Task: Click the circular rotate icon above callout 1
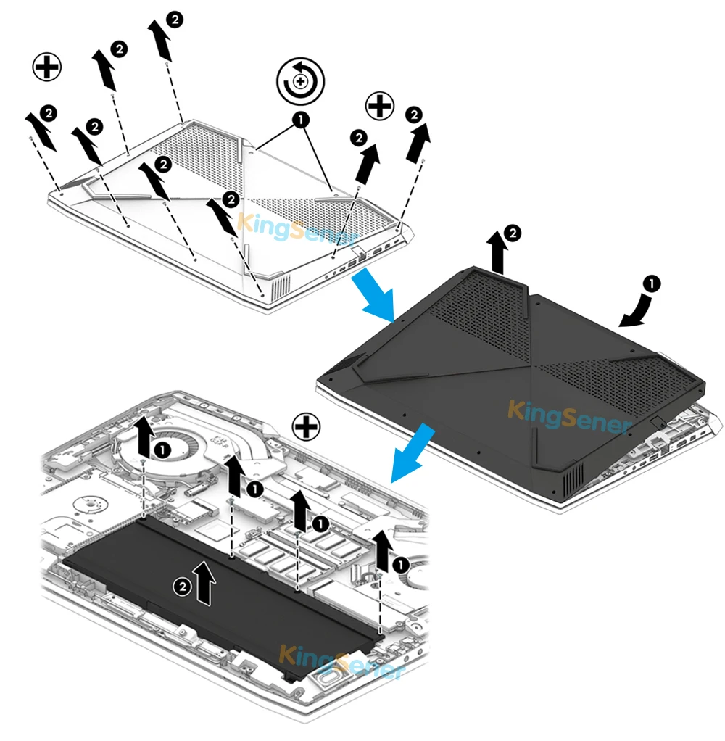coord(300,80)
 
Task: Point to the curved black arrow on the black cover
coord(634,305)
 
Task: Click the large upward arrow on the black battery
coord(207,582)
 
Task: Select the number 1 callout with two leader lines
coord(300,119)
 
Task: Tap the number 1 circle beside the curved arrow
coord(652,283)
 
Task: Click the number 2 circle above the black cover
coord(513,233)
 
